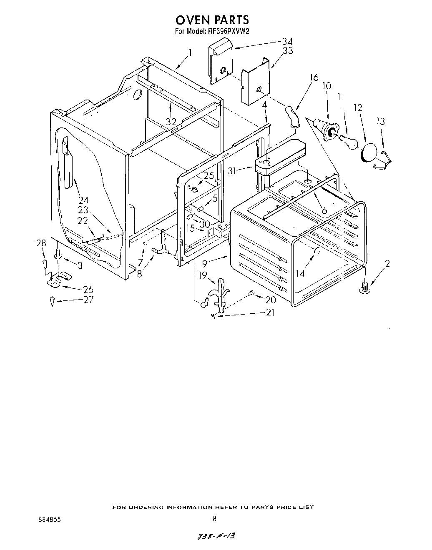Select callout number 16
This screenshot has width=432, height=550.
[x=314, y=77]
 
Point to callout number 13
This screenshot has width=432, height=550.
[x=380, y=121]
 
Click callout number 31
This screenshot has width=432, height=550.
[x=232, y=170]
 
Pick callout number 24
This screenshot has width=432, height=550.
[x=83, y=200]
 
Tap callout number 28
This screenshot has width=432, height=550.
[x=41, y=243]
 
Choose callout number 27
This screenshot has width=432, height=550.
[x=88, y=299]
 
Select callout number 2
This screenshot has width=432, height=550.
[x=387, y=263]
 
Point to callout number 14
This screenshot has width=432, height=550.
[x=300, y=273]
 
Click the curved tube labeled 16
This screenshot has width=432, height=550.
[x=291, y=115]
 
